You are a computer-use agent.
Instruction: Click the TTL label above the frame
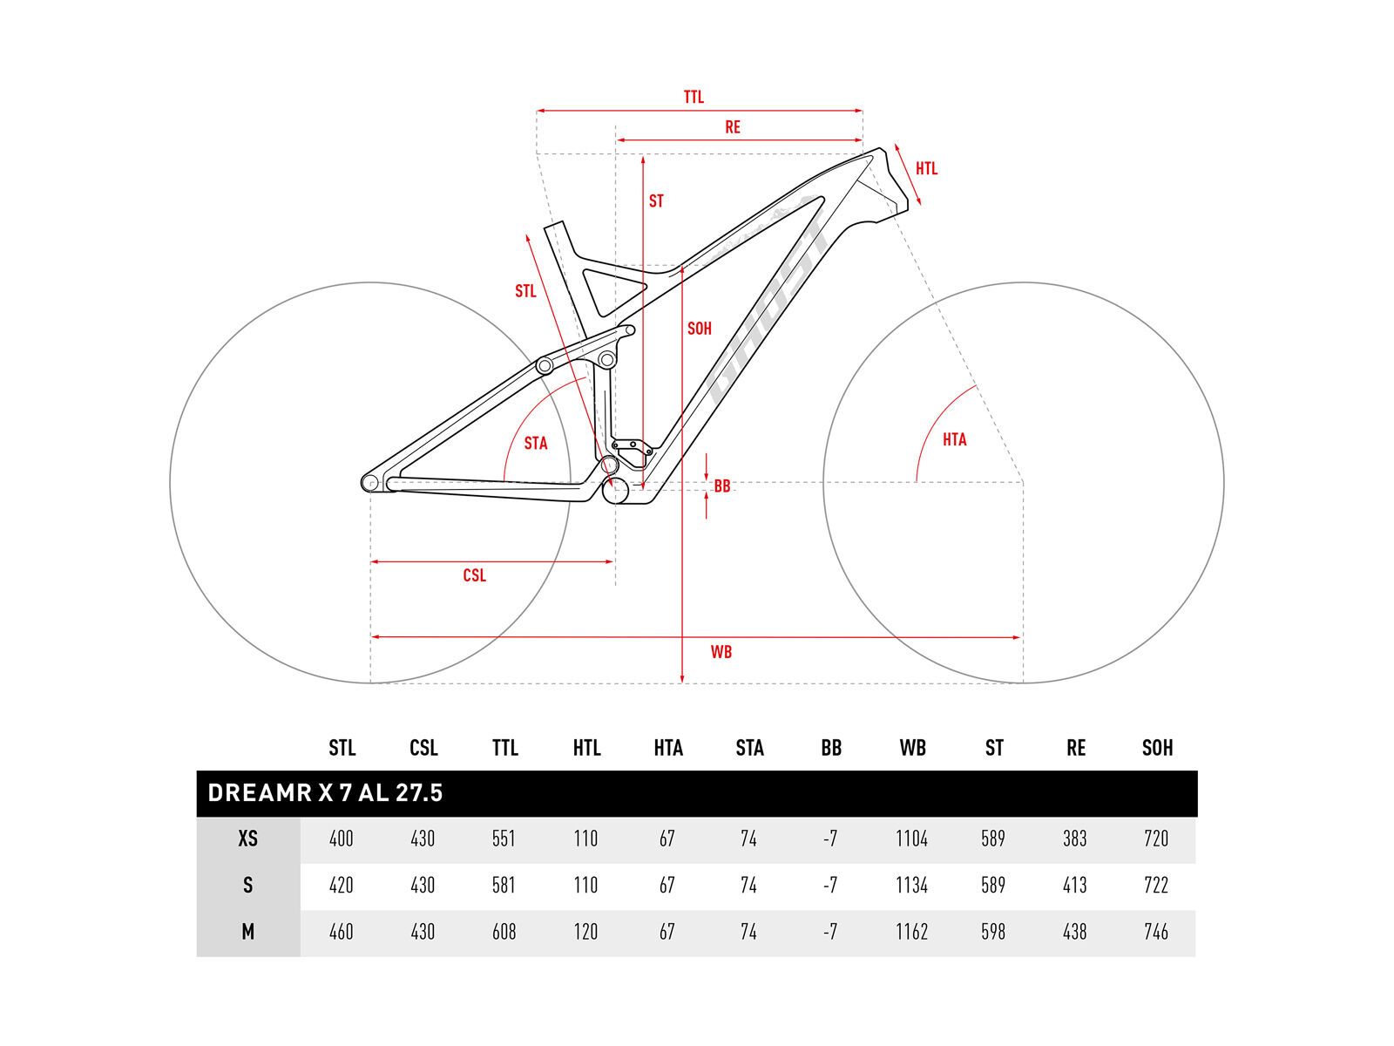(x=694, y=98)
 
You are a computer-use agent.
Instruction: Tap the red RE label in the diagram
(x=733, y=127)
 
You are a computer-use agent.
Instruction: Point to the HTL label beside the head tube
(x=926, y=168)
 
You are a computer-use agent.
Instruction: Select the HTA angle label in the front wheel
(x=955, y=439)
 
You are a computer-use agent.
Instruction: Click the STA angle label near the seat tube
(x=536, y=444)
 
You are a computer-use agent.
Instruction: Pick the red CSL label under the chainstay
(x=475, y=575)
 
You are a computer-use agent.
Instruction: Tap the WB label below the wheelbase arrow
(x=721, y=652)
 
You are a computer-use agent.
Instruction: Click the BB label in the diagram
(x=722, y=486)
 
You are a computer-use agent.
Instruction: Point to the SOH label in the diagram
(x=700, y=329)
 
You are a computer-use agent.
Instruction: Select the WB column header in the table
(x=912, y=748)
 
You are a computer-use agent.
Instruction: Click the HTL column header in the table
(x=586, y=748)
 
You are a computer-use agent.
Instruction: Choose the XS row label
(x=248, y=839)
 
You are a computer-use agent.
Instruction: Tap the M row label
(x=248, y=932)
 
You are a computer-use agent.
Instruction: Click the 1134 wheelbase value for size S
(x=912, y=886)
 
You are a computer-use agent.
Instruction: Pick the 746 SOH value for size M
(x=1156, y=932)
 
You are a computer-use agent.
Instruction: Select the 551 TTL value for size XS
(x=504, y=839)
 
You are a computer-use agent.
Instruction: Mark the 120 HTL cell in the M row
(x=585, y=932)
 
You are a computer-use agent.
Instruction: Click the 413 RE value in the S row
(x=1075, y=886)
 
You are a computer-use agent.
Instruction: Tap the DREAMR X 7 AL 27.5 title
(x=325, y=793)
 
